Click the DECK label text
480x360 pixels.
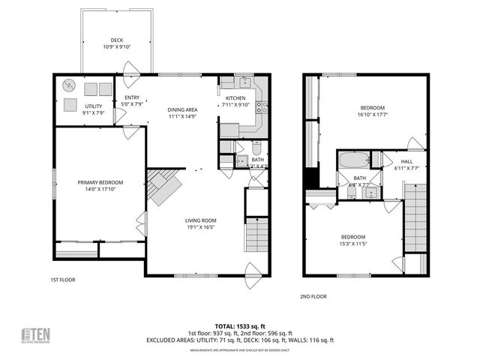116,40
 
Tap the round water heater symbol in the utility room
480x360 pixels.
69,85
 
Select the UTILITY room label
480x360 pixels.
93,106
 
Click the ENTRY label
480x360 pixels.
132,97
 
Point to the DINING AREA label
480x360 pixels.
181,110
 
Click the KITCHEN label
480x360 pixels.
235,98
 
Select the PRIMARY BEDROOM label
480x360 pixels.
100,182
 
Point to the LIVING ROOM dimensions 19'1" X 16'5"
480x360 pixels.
201,227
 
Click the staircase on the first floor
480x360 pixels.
256,232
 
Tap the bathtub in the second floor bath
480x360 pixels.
352,160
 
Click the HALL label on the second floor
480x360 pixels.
406,161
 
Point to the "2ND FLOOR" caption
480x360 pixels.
315,296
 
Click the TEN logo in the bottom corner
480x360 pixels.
35,335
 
